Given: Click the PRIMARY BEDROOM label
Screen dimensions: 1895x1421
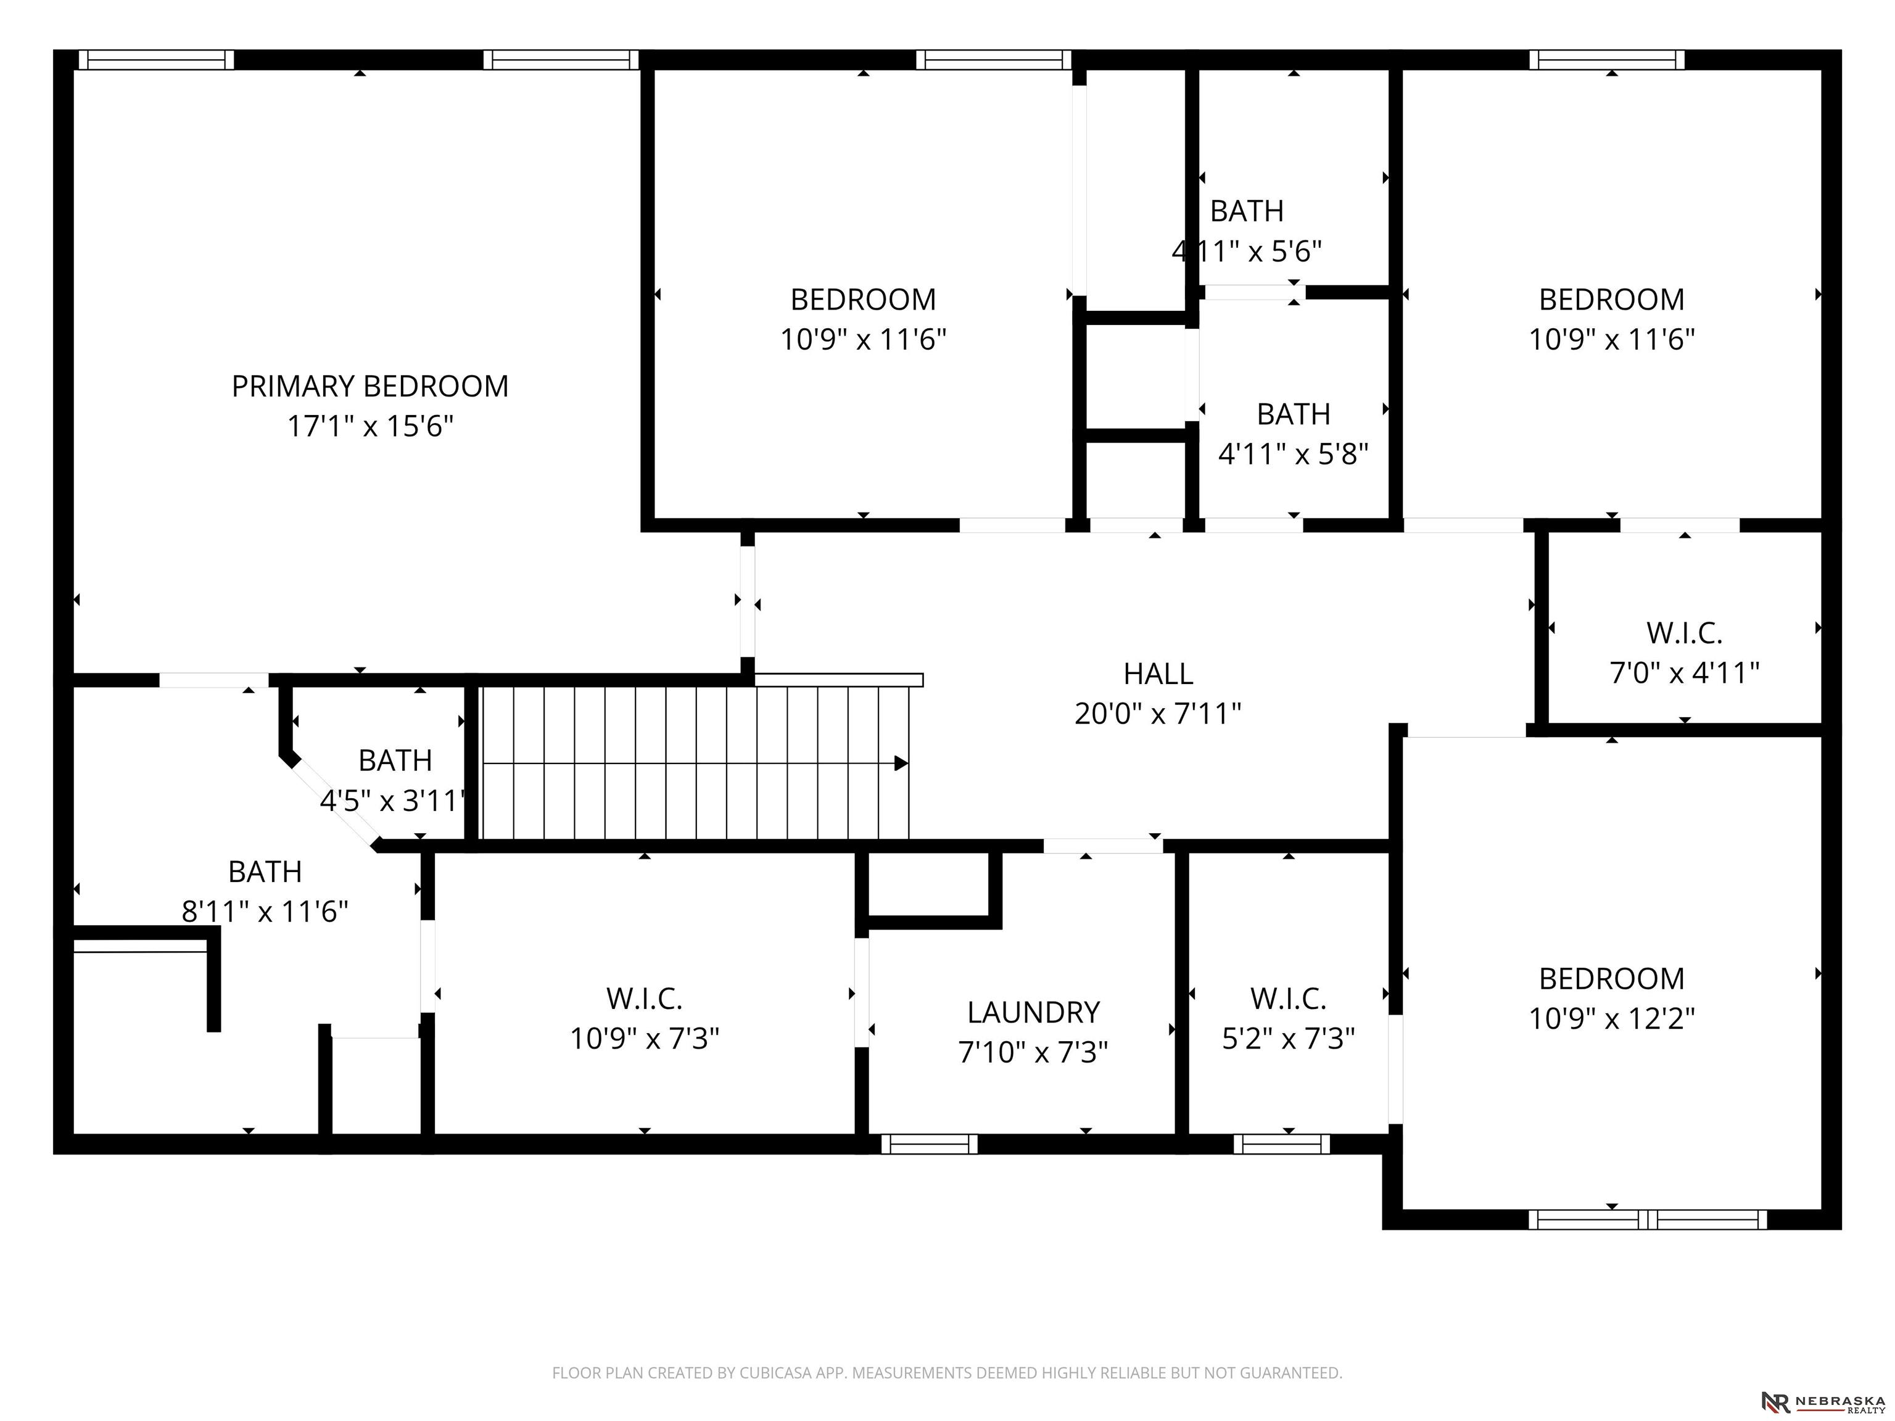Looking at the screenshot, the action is point(370,386).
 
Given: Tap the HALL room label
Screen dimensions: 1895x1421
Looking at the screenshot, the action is point(1158,674).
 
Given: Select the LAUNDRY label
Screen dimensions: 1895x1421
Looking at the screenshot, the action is point(1033,1013).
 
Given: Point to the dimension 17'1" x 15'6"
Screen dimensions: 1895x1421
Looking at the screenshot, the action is point(370,426).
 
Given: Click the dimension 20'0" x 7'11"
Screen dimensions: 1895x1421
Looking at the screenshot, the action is point(1158,712).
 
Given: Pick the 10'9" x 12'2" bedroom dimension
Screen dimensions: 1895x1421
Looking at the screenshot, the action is point(1611,1018).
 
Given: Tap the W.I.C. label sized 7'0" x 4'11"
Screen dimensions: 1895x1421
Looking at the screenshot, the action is point(1684,634).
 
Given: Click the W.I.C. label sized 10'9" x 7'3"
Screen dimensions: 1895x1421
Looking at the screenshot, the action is point(644,999).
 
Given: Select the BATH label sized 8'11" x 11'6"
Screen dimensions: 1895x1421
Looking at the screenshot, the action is point(265,872).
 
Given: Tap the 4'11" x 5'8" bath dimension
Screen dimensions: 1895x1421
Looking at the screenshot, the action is point(1293,453).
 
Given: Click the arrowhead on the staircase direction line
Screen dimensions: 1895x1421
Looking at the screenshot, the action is point(901,763).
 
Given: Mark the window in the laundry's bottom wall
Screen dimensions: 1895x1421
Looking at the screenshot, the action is point(930,1143).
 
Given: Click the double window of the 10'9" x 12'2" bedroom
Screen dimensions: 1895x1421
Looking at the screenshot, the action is point(1648,1220).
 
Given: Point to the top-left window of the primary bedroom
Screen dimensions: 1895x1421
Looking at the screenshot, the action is point(157,59).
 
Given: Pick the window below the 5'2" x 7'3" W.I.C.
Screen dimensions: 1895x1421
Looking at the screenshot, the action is point(1282,1143).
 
